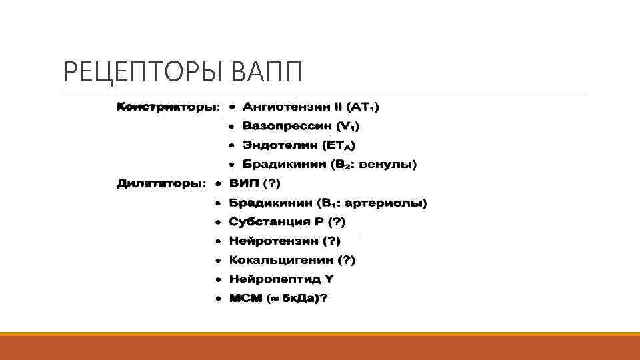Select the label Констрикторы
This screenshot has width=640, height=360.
pyautogui.click(x=167, y=106)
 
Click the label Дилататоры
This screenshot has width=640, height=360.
pyautogui.click(x=161, y=183)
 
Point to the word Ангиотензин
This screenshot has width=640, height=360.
pyautogui.click(x=282, y=106)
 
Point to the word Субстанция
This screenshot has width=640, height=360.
pyautogui.click(x=264, y=221)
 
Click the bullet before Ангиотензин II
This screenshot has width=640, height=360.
pyautogui.click(x=231, y=106)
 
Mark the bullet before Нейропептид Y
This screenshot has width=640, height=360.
pyautogui.click(x=219, y=279)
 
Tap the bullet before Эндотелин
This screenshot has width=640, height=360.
pyautogui.click(x=231, y=145)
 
